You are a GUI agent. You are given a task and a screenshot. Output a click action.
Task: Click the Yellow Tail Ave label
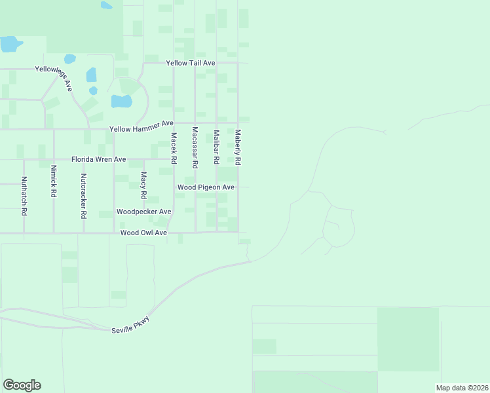point(191,63)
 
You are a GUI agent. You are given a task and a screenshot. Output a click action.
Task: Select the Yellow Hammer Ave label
point(141,124)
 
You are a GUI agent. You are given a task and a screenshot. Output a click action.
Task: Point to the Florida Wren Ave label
point(98,159)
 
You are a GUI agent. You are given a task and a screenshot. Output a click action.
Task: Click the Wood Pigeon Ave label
point(206,187)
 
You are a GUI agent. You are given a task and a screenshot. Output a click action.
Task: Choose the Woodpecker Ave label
point(143,212)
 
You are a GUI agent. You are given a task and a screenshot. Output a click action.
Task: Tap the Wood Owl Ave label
point(143,233)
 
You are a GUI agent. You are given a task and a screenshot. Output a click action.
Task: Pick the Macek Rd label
point(174,148)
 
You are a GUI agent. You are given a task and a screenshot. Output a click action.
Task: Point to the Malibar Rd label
point(216,147)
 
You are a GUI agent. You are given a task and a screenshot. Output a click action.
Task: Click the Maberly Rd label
point(238,146)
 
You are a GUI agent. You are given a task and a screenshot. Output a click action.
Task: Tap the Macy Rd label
point(144,185)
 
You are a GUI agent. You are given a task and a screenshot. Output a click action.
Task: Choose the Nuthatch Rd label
point(24,196)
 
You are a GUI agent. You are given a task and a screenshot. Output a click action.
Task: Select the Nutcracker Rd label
point(83,195)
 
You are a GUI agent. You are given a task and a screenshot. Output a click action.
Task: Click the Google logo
point(22,384)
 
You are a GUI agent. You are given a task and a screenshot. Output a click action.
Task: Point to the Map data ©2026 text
point(462,388)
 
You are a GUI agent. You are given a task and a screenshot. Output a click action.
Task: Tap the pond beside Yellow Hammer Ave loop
point(121,101)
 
